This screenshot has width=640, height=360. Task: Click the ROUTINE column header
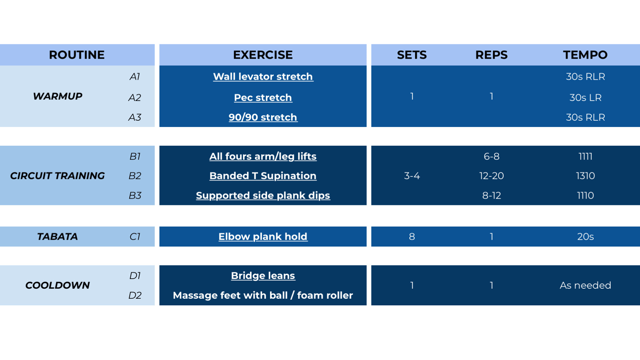pyautogui.click(x=77, y=55)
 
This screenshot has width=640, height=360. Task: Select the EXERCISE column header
pyautogui.click(x=263, y=55)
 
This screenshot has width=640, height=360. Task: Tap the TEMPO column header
pyautogui.click(x=585, y=55)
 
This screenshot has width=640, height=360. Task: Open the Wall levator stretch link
pyautogui.click(x=263, y=77)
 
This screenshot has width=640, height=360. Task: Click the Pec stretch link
pyautogui.click(x=263, y=98)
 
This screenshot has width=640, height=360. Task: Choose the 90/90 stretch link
pyautogui.click(x=263, y=117)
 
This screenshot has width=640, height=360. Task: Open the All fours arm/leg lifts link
pyautogui.click(x=263, y=156)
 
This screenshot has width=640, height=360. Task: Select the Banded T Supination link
pyautogui.click(x=263, y=176)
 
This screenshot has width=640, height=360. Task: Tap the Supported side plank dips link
pyautogui.click(x=263, y=195)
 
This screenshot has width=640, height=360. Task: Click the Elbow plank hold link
pyautogui.click(x=263, y=237)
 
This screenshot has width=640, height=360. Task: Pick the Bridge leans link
pyautogui.click(x=263, y=276)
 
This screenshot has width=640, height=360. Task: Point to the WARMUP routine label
pyautogui.click(x=58, y=96)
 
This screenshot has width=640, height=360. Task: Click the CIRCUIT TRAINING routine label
pyautogui.click(x=58, y=176)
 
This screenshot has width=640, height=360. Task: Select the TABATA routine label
pyautogui.click(x=58, y=237)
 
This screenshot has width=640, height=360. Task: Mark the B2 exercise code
pyautogui.click(x=135, y=176)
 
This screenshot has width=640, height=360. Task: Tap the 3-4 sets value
pyautogui.click(x=412, y=176)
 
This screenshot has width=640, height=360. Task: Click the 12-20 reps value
pyautogui.click(x=492, y=176)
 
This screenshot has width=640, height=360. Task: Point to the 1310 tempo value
pyautogui.click(x=585, y=176)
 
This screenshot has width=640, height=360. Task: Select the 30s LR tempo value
pyautogui.click(x=585, y=98)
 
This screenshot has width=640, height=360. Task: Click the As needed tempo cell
pyautogui.click(x=585, y=285)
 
